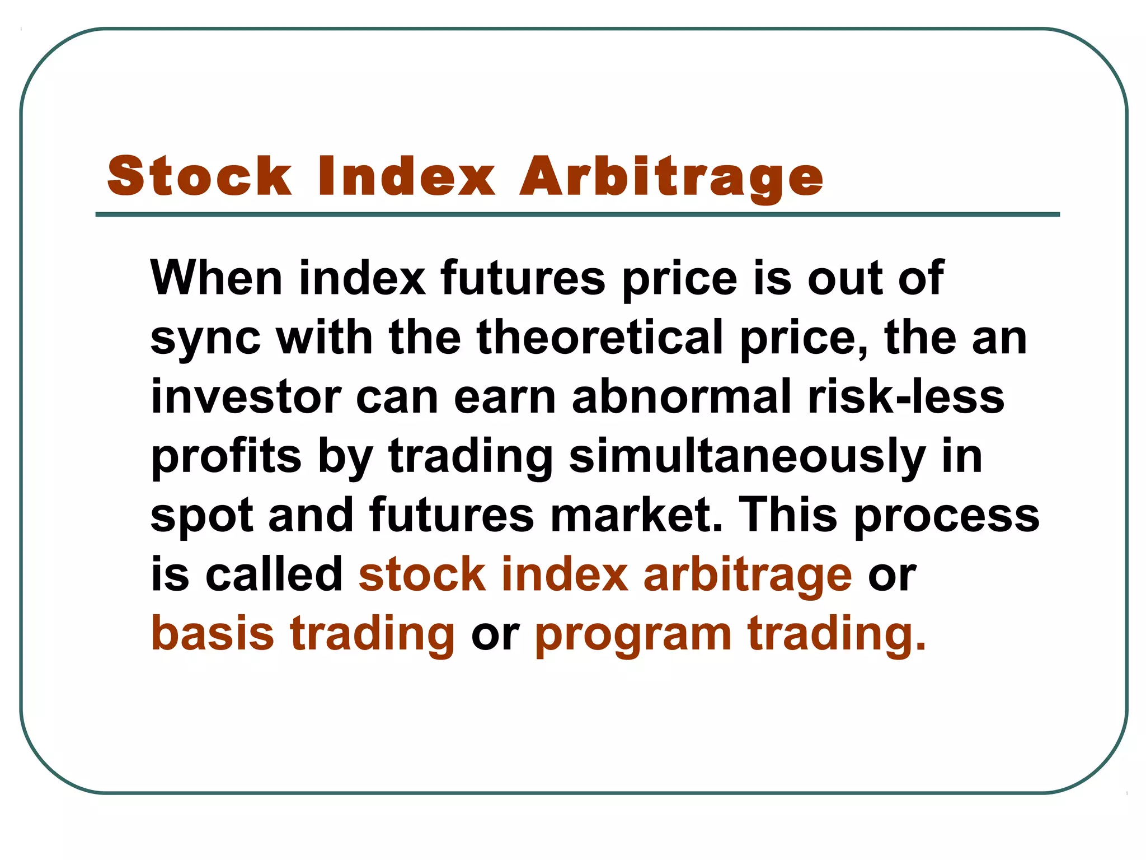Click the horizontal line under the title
tap(577, 214)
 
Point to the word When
tap(216, 278)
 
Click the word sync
tap(205, 338)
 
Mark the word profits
tap(226, 457)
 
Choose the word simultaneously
tap(747, 457)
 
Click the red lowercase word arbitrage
tap(748, 576)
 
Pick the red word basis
tap(213, 633)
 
